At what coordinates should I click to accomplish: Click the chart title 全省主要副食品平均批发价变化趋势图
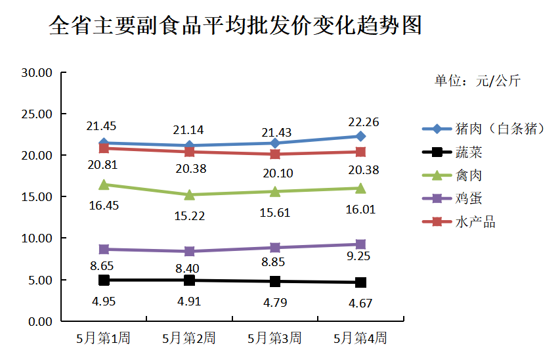[235, 26]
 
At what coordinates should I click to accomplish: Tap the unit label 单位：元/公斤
[477, 81]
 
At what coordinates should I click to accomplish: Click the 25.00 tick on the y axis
[37, 114]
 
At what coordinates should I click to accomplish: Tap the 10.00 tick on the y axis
[37, 238]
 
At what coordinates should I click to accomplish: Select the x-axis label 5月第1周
[103, 339]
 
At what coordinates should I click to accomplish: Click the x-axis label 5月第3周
[274, 339]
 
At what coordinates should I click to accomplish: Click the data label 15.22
[189, 215]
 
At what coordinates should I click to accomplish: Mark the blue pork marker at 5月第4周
[360, 136]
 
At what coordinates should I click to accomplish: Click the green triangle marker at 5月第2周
[189, 194]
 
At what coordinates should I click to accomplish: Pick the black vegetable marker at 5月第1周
[104, 280]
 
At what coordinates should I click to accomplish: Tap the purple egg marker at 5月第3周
[274, 248]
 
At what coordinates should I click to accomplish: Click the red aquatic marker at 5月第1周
[104, 148]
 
